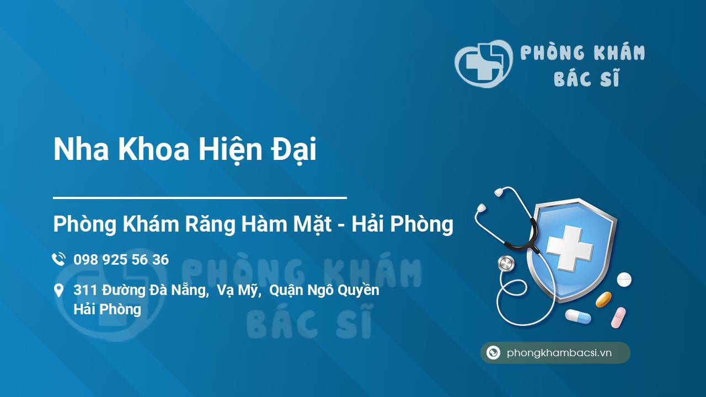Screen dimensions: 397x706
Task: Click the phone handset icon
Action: pyautogui.click(x=58, y=259)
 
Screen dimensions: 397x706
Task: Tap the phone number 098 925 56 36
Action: pyautogui.click(x=121, y=260)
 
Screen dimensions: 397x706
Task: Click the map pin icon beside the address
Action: pyautogui.click(x=58, y=291)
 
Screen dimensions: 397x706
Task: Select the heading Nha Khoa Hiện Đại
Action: pyautogui.click(x=185, y=150)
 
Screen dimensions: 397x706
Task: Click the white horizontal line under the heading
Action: pyautogui.click(x=200, y=197)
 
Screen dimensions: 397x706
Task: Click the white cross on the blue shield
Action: pyautogui.click(x=569, y=249)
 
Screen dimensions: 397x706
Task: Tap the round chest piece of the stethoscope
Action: pyautogui.click(x=506, y=263)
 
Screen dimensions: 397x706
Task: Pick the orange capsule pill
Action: pyautogui.click(x=603, y=299)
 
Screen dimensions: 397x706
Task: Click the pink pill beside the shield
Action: pyautogui.click(x=618, y=318)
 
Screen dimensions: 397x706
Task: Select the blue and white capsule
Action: pyautogui.click(x=577, y=316)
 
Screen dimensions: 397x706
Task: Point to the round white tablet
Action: pyautogui.click(x=624, y=280)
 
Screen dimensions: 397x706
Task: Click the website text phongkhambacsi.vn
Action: pyautogui.click(x=559, y=353)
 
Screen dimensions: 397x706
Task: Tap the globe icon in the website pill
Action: pyautogui.click(x=493, y=353)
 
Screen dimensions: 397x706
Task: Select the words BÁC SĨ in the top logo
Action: pyautogui.click(x=586, y=79)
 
